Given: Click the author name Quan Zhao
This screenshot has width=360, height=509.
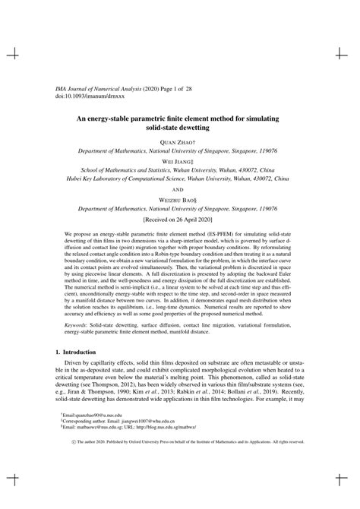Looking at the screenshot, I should click(180, 143).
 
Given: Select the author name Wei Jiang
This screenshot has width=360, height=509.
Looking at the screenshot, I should click(180, 163).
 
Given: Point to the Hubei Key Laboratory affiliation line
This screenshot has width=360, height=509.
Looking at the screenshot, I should click(180, 182).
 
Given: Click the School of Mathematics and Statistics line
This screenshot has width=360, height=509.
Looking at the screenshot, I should click(180, 172).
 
